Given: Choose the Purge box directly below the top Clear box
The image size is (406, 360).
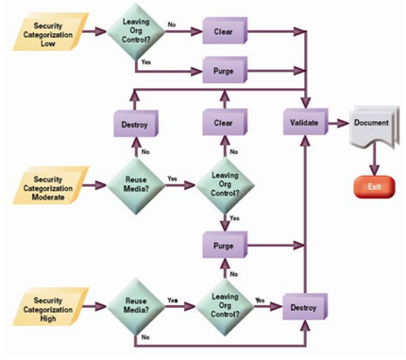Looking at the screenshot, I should click(x=225, y=69).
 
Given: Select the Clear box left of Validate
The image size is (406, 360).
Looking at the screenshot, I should click(x=225, y=122).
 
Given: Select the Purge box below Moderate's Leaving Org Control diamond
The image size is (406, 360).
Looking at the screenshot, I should click(x=225, y=245).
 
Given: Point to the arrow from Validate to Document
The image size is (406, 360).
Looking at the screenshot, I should click(x=335, y=122).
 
